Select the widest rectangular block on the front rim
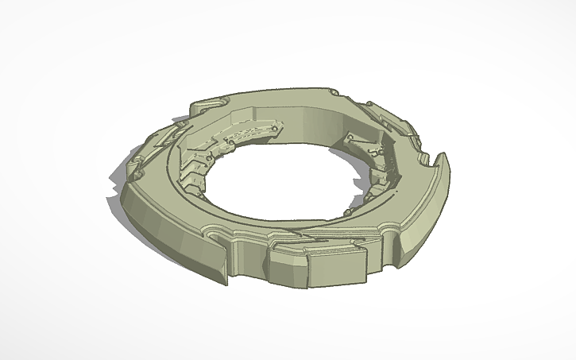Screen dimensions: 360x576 [335, 269]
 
